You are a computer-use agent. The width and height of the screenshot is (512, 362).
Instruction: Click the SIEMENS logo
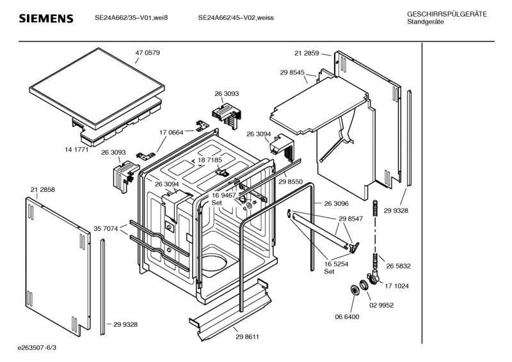click(45, 19)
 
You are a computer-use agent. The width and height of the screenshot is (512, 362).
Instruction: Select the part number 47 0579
click(147, 52)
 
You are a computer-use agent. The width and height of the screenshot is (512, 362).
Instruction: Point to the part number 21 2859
click(308, 54)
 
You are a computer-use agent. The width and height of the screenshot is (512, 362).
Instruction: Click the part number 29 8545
click(292, 74)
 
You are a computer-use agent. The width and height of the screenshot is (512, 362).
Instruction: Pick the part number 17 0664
click(171, 132)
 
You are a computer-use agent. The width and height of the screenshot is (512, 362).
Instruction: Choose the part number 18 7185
click(210, 160)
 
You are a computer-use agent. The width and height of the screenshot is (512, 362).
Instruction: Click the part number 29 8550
click(291, 182)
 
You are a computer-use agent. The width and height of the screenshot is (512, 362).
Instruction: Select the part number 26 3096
click(336, 203)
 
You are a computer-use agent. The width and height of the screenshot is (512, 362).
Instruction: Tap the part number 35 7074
click(106, 228)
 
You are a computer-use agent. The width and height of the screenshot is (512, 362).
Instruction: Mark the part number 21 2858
click(42, 190)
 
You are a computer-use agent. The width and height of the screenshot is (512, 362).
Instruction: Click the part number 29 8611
click(247, 336)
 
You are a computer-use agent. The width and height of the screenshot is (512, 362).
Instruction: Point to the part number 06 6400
click(346, 317)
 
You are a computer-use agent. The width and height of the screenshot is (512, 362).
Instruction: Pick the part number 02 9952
click(380, 305)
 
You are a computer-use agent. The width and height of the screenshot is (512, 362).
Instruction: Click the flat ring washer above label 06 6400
click(353, 291)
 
